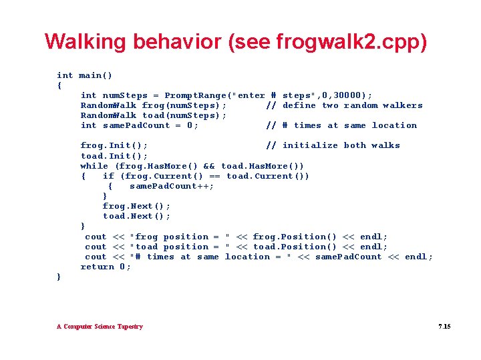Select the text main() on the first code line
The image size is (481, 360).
point(96,75)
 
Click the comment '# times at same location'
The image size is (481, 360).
point(341,125)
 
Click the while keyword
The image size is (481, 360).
point(94,165)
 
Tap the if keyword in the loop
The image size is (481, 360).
point(108,176)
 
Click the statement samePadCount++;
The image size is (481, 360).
point(172,186)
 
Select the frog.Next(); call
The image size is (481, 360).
point(136,206)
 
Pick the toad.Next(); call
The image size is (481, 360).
point(136,216)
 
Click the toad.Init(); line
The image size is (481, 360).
point(114,155)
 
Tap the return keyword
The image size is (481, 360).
point(97,267)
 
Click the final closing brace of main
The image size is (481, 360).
point(59,277)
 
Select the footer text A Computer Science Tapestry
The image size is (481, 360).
point(100,327)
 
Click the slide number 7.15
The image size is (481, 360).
point(444,327)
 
